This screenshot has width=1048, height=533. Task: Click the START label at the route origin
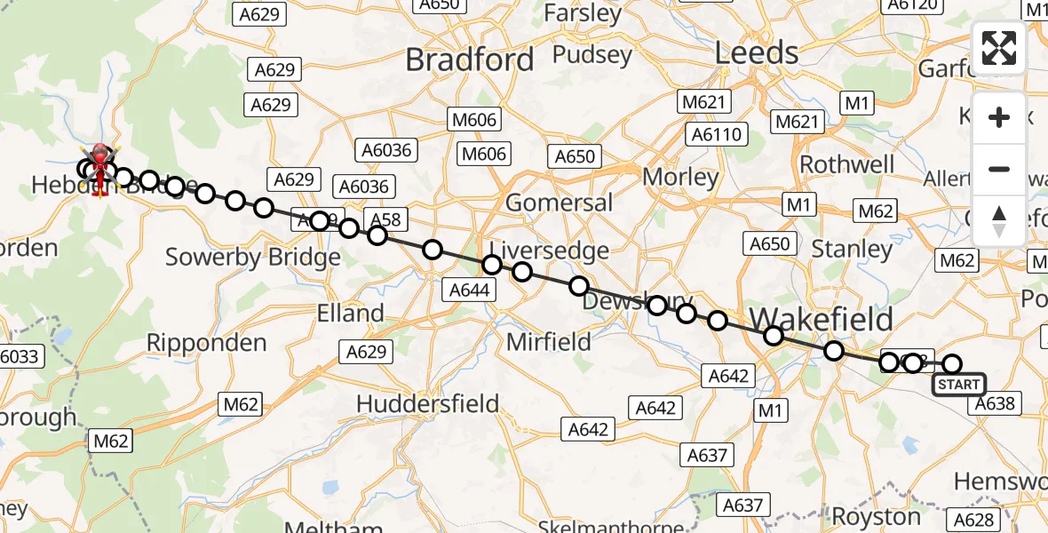pyautogui.click(x=958, y=385)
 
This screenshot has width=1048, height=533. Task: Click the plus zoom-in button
pyautogui.click(x=999, y=118)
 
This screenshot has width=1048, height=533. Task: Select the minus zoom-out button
pyautogui.click(x=999, y=170)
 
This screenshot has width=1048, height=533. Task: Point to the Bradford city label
pyautogui.click(x=470, y=60)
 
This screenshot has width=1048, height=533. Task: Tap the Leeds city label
pyautogui.click(x=757, y=53)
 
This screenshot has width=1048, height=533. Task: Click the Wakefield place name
pyautogui.click(x=822, y=319)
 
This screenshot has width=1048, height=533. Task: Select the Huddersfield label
pyautogui.click(x=427, y=403)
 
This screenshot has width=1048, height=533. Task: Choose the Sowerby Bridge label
pyautogui.click(x=253, y=258)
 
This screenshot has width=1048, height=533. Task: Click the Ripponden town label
pyautogui.click(x=206, y=342)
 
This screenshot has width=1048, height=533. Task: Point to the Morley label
pyautogui.click(x=680, y=177)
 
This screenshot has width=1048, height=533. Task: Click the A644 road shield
pyautogui.click(x=470, y=289)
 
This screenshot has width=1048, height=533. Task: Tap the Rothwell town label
pyautogui.click(x=847, y=164)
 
